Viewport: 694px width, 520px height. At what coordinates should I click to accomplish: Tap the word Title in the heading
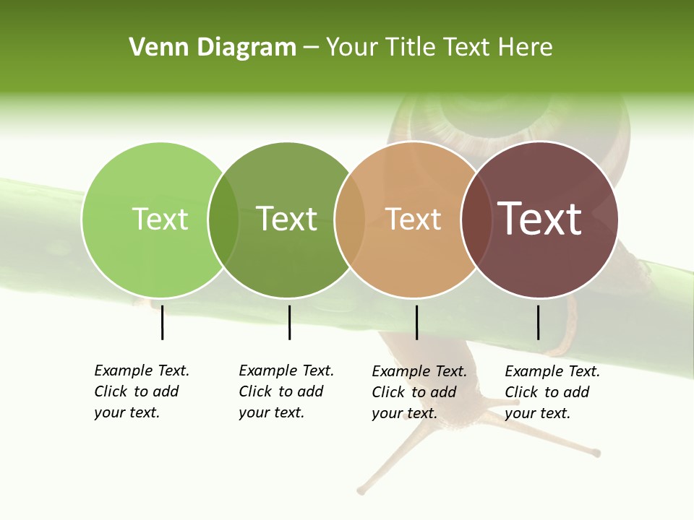(411, 48)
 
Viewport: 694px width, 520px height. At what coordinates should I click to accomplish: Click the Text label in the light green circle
(160, 219)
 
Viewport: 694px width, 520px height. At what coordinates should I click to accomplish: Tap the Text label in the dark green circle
(287, 219)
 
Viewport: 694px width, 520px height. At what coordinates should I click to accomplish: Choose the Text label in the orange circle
(414, 219)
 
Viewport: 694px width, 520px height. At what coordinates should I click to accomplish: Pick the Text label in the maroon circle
(540, 219)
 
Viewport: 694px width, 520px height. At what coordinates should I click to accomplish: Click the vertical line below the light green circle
(162, 322)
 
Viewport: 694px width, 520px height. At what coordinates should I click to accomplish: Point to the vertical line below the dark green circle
(289, 322)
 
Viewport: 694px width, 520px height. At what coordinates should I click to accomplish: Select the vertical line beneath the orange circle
(416, 322)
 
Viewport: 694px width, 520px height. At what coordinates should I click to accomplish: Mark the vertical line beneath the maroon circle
(538, 322)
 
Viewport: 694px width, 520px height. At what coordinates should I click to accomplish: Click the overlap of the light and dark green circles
(223, 220)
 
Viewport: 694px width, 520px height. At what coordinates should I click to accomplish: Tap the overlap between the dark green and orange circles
(351, 220)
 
